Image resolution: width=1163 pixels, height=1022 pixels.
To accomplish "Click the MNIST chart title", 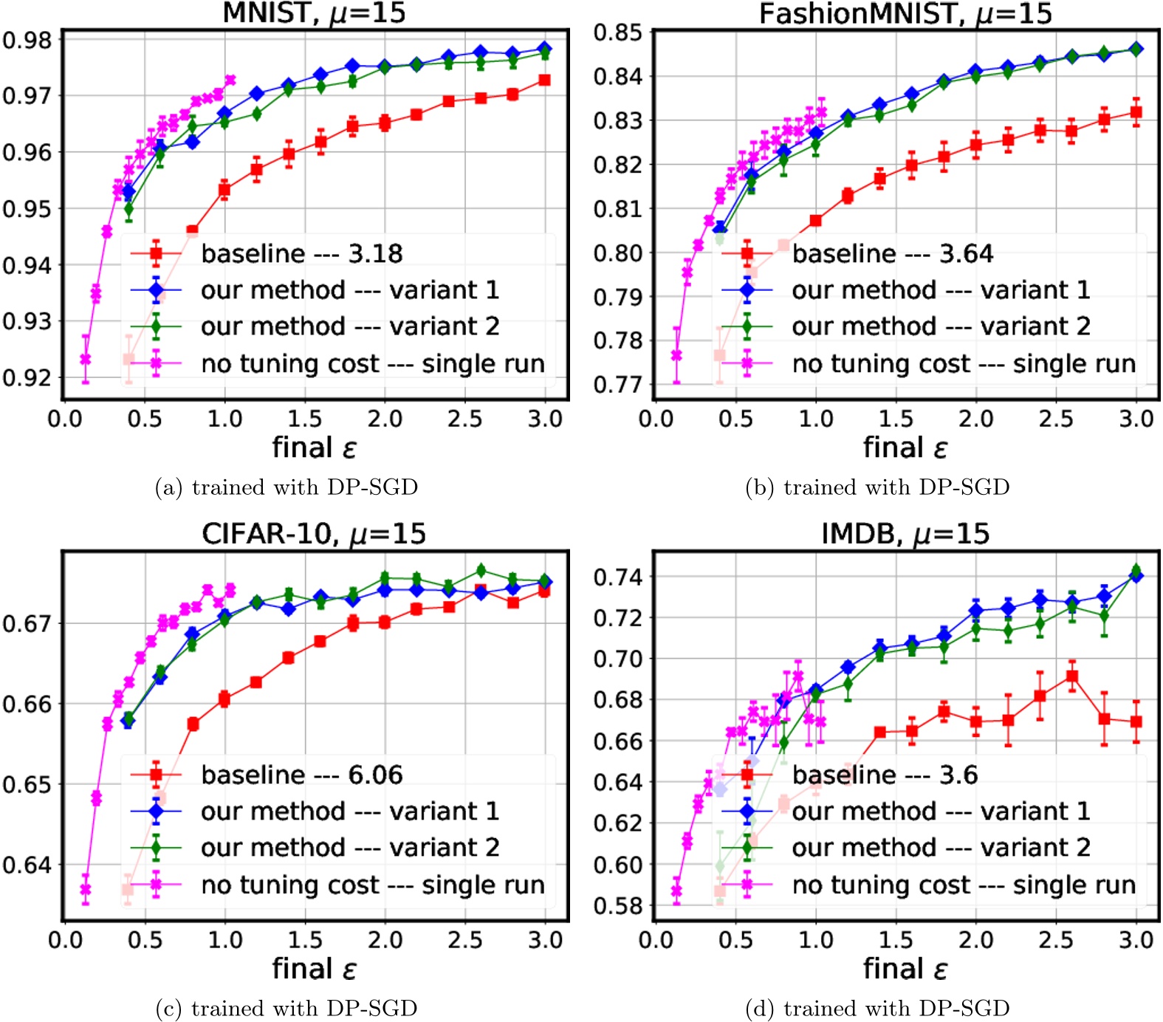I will (314, 13).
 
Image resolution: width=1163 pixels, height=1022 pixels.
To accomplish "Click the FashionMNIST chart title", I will (905, 13).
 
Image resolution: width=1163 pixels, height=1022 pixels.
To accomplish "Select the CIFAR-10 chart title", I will (314, 533).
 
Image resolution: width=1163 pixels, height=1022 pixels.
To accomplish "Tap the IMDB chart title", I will (905, 533).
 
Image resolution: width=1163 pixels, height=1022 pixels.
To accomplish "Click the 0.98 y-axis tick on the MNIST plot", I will (27, 40).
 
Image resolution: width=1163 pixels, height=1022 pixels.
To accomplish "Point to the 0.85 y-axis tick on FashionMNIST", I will (618, 32).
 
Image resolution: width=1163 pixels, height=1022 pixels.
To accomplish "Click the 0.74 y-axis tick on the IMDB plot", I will (618, 576).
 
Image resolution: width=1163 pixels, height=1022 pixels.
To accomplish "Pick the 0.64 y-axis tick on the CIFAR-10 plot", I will (27, 865).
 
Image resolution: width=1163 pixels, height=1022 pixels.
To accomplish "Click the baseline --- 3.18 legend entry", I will (301, 253).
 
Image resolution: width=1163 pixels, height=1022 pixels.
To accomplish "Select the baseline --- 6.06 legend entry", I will (301, 775).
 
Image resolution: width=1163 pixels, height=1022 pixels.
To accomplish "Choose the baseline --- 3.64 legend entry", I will (892, 253).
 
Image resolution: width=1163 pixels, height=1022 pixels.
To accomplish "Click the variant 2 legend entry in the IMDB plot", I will (940, 847).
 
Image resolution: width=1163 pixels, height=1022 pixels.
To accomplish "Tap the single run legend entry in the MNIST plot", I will (372, 363).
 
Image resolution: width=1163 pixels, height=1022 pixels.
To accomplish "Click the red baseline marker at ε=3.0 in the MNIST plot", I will (544, 80).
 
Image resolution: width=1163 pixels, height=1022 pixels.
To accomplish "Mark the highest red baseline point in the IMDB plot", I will (1072, 676).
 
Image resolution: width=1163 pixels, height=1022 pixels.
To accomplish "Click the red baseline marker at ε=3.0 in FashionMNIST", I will (1136, 112).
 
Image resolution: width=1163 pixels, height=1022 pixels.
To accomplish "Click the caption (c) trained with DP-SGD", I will (287, 1008).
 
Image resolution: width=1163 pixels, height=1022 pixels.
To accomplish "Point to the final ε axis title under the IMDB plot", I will (905, 968).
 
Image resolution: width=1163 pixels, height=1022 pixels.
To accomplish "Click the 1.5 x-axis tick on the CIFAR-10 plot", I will (304, 940).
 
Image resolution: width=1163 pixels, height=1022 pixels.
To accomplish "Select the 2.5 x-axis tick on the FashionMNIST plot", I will (1056, 419).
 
